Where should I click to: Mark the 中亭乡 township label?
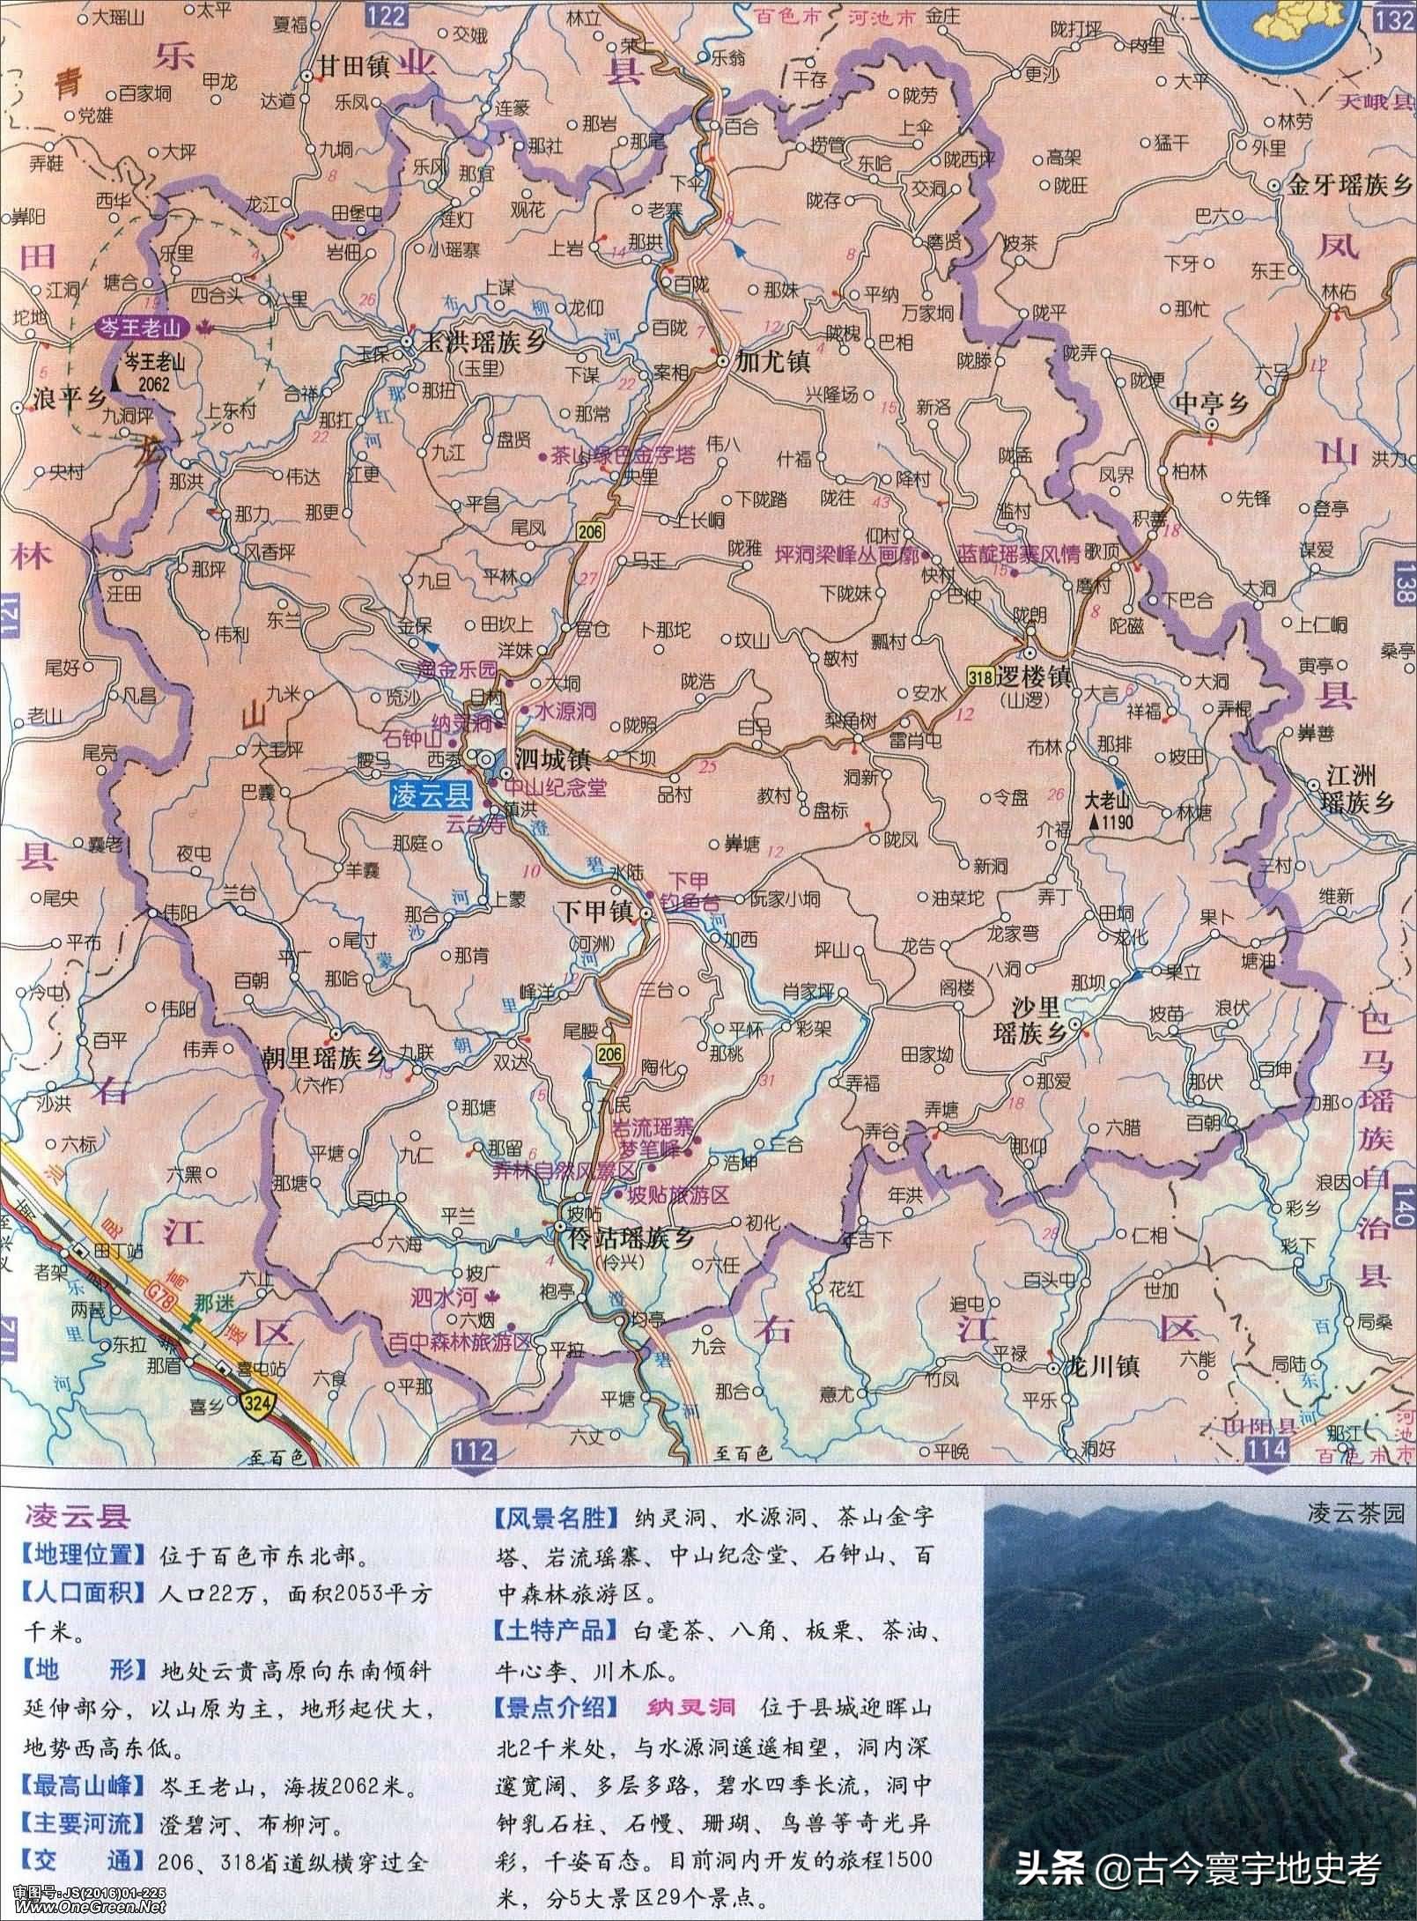1213,403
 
